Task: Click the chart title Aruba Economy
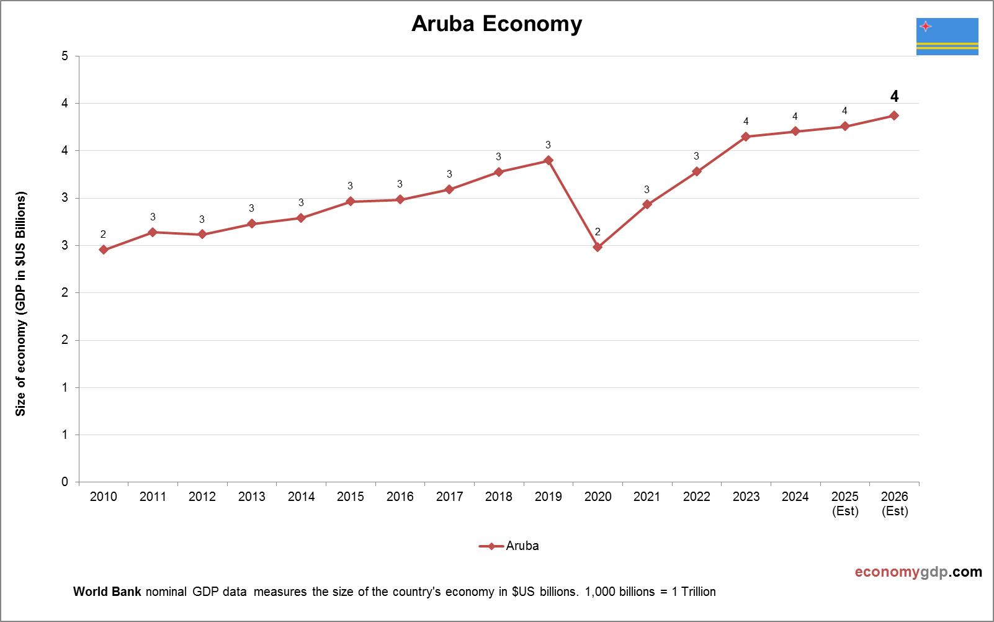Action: pos(496,24)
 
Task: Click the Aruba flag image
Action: pos(947,37)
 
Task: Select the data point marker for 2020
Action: pos(598,247)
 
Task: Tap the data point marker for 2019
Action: pos(548,160)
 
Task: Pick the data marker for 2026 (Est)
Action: pos(894,115)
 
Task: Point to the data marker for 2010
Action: pos(104,250)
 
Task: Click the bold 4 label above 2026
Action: pos(894,96)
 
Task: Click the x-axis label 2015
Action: pos(351,497)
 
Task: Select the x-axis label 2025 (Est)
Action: pos(844,503)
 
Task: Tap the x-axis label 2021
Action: pos(647,497)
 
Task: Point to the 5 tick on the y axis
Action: pos(65,56)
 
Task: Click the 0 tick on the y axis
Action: pos(65,482)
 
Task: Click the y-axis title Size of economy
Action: pos(21,304)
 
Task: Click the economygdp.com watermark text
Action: pos(918,572)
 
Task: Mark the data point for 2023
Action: pos(746,137)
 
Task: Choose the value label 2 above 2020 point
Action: pos(598,232)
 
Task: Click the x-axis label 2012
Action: pos(202,497)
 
